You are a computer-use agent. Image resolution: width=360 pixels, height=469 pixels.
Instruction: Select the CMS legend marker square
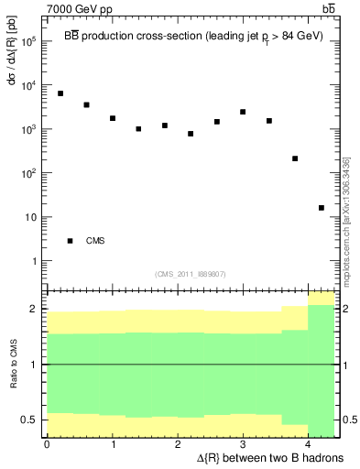coord(70,241)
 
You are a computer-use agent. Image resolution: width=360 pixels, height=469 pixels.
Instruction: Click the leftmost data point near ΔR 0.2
coord(60,93)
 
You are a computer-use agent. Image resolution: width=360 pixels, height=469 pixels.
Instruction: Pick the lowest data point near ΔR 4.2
coord(322,208)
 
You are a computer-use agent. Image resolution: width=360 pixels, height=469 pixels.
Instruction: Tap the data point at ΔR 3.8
coord(295,158)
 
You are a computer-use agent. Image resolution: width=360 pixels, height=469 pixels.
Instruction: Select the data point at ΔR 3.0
coord(243,112)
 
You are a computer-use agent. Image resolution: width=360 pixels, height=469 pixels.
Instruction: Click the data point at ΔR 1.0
coord(113,118)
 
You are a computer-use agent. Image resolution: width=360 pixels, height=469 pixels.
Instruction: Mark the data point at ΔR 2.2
coord(191,134)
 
